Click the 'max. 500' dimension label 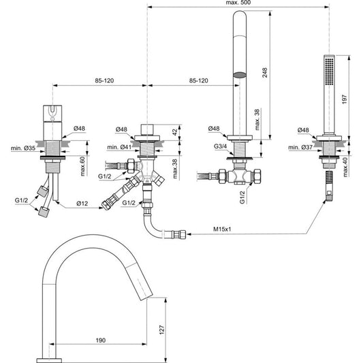click(x=238, y=3)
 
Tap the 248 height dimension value click(x=265, y=72)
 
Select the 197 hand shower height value click(x=345, y=99)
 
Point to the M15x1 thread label click(x=222, y=230)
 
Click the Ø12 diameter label click(x=82, y=203)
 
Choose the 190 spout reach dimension click(x=101, y=341)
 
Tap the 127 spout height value click(x=161, y=330)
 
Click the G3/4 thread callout click(x=220, y=146)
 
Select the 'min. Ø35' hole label click(x=23, y=148)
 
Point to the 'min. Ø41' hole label click(x=119, y=147)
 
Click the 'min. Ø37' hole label click(x=300, y=147)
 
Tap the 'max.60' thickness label click(x=82, y=166)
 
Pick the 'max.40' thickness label click(x=345, y=167)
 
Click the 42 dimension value click(x=175, y=132)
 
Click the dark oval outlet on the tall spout click(x=239, y=75)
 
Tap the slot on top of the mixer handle click(x=53, y=110)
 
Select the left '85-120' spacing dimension click(x=104, y=80)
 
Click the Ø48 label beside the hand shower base click(x=303, y=130)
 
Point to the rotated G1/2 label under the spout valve click(x=242, y=198)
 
